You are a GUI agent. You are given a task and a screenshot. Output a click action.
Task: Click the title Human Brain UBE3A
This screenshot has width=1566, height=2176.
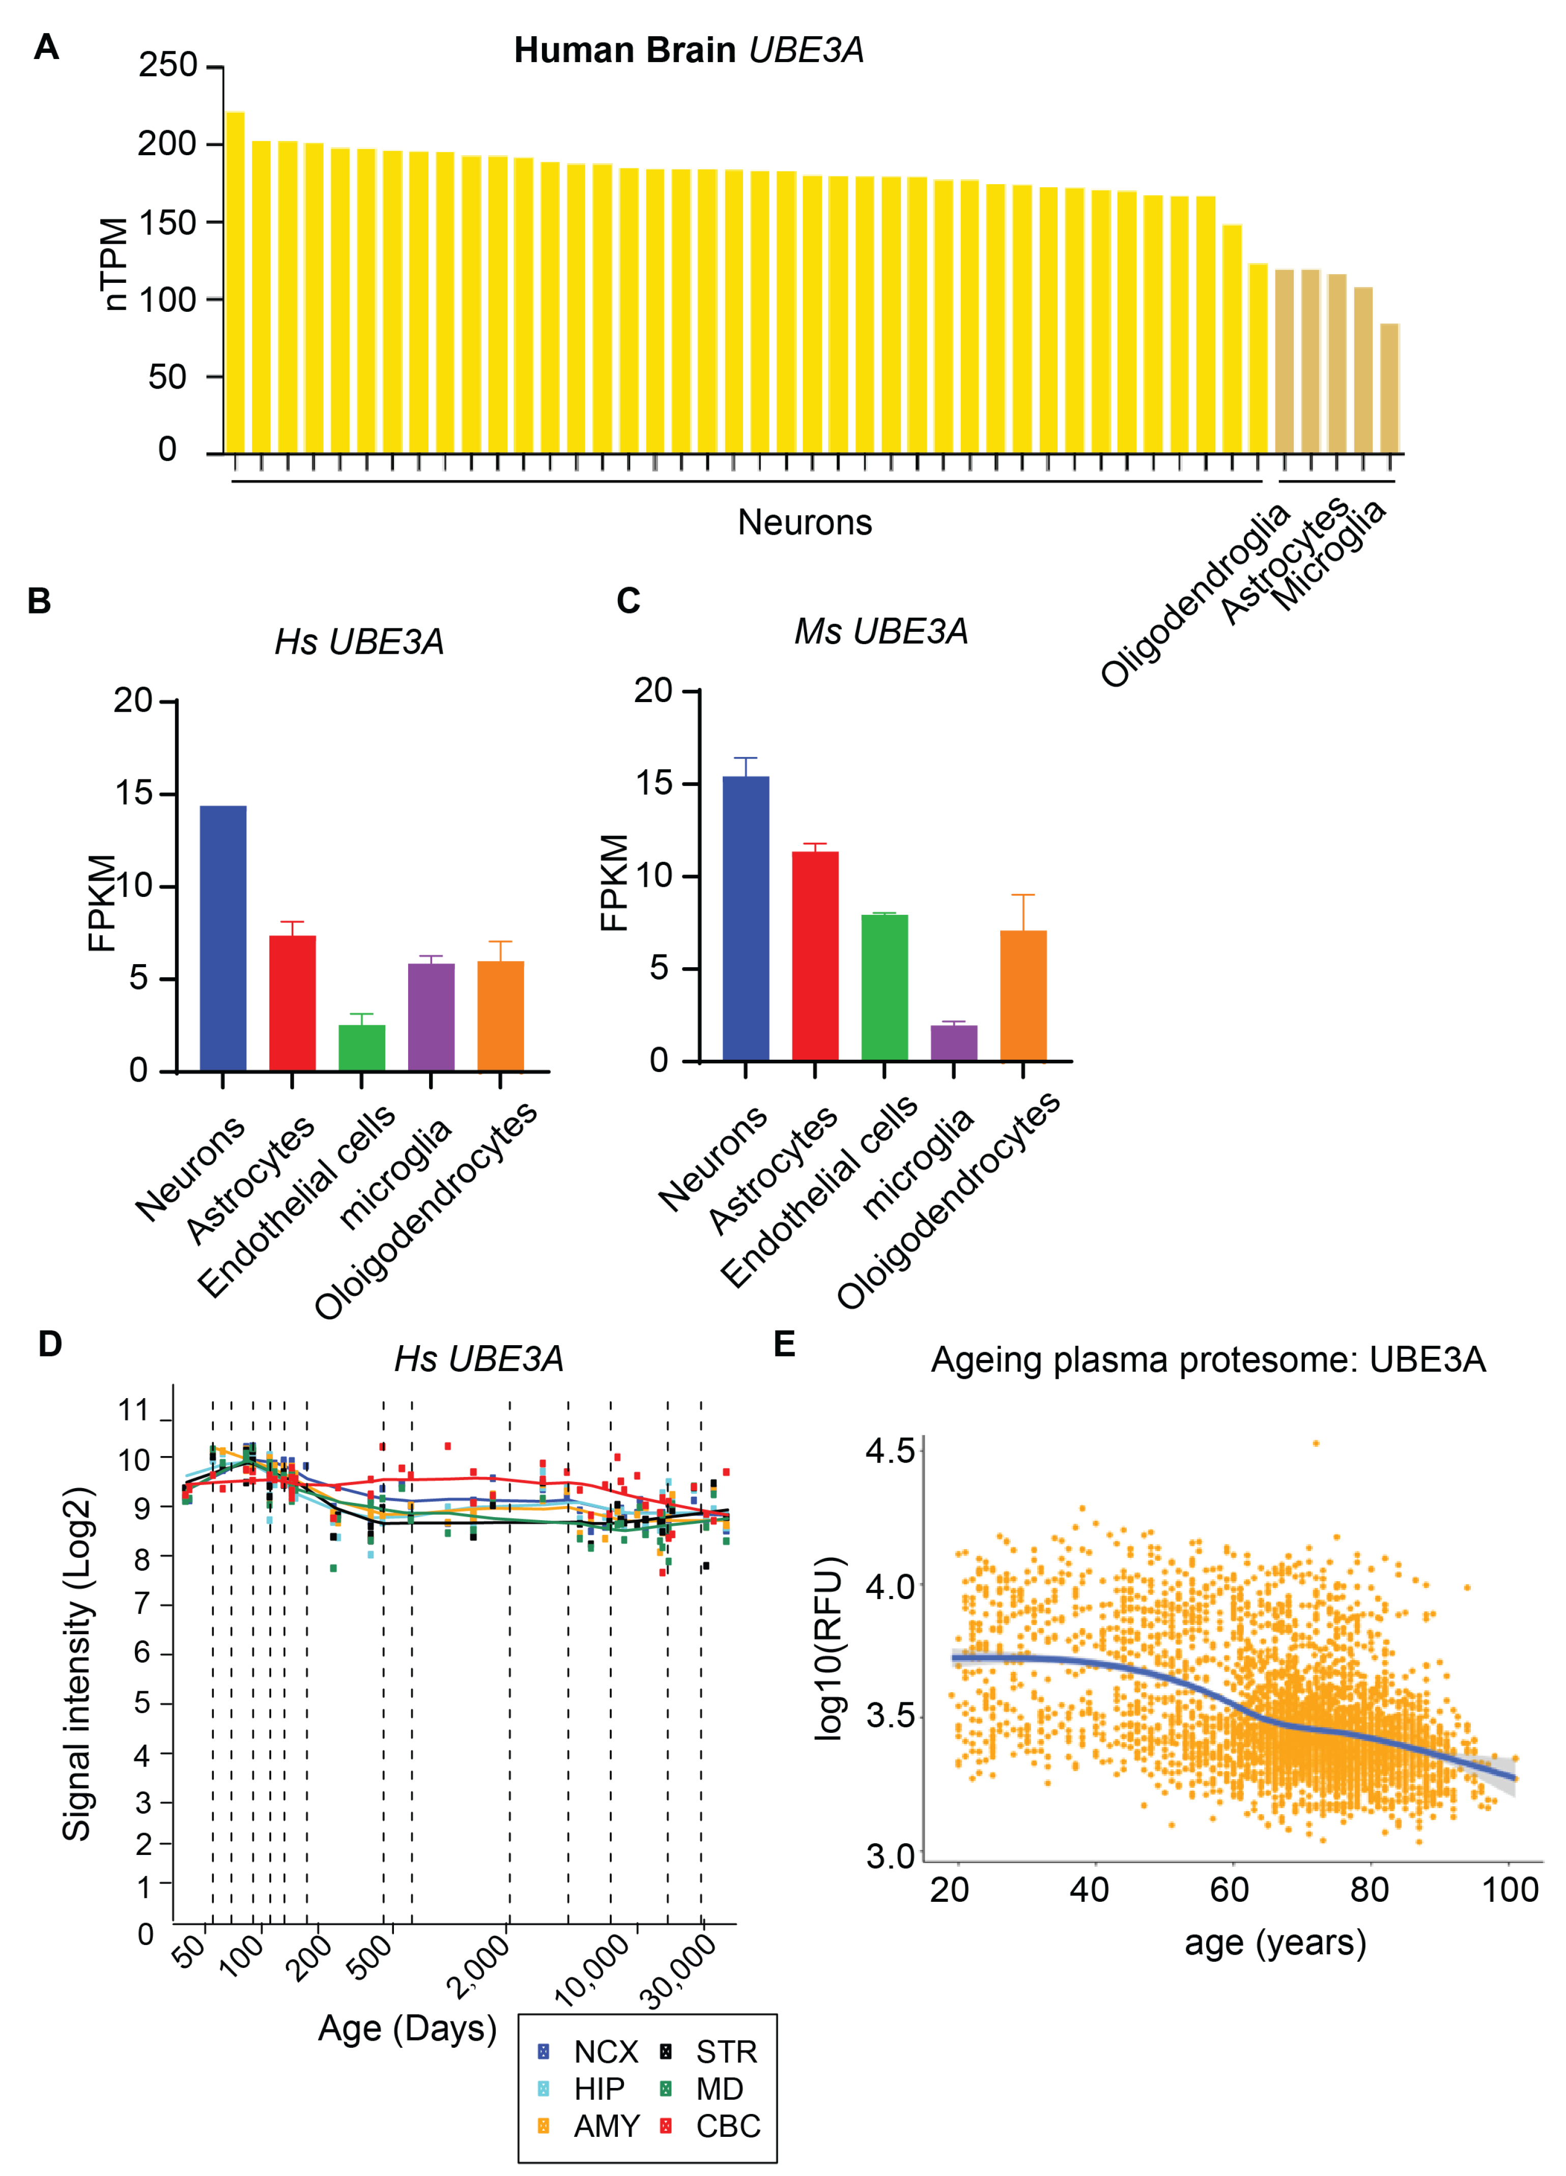coord(688,50)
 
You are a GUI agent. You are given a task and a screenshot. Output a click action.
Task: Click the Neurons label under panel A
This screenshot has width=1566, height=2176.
coord(804,522)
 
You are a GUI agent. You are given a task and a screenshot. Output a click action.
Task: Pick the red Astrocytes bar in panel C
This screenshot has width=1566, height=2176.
coord(815,955)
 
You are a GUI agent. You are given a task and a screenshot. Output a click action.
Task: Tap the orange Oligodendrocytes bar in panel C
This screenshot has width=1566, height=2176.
coord(1023,995)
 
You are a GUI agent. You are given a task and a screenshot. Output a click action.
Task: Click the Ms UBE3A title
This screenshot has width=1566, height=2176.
coord(881,631)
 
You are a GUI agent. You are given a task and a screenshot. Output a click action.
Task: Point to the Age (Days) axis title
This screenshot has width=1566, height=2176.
coord(407,2027)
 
